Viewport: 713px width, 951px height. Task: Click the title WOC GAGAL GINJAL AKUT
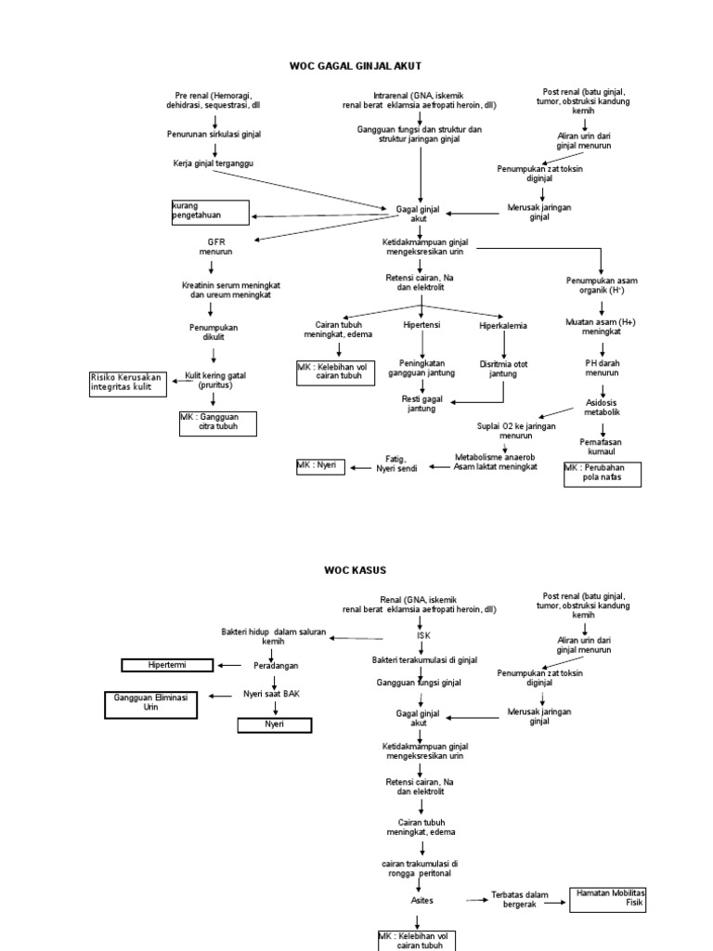coord(356,66)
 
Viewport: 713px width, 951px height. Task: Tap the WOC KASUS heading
coord(356,569)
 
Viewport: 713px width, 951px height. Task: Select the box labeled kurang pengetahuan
coord(210,211)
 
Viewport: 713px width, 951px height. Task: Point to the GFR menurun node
coord(215,246)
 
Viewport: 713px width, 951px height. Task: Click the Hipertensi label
coord(421,326)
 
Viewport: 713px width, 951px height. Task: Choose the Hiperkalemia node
coord(503,326)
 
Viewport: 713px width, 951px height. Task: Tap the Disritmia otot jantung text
coord(503,369)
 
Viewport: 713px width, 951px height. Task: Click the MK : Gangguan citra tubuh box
coord(217,423)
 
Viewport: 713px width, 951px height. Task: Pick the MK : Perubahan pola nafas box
coord(602,473)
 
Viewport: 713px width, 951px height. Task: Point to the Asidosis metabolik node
coord(602,406)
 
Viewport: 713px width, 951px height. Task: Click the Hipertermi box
coord(168,664)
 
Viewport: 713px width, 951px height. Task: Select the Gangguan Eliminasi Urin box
coord(151,704)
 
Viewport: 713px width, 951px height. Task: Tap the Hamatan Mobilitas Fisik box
coord(607,897)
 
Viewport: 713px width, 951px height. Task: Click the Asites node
coord(421,900)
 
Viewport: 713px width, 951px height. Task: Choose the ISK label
coord(423,635)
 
